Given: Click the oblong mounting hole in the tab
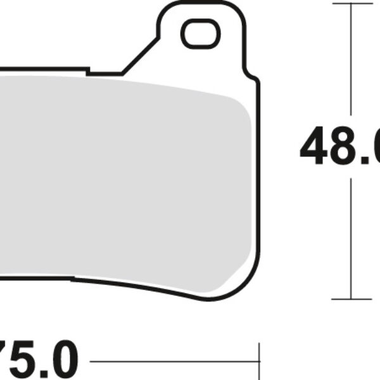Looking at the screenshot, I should pyautogui.click(x=200, y=33).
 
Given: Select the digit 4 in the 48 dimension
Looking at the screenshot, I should pyautogui.click(x=315, y=146).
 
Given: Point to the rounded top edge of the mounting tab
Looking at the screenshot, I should pyautogui.click(x=199, y=5).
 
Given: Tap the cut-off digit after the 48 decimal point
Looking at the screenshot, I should pyautogui.click(x=377, y=146).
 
